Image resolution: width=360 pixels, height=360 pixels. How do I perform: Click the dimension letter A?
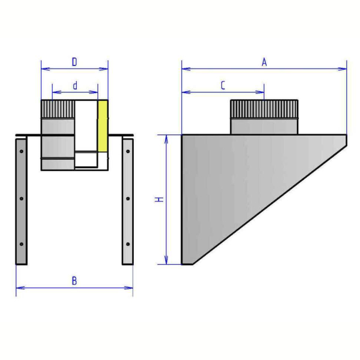264,62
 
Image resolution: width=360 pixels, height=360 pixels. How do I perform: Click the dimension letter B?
74,281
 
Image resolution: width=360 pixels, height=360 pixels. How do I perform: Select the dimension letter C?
223,85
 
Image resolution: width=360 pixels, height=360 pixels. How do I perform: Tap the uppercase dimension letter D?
74,62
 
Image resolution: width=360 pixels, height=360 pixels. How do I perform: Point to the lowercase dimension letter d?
75,86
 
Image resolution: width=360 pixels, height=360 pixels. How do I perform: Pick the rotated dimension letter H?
159,199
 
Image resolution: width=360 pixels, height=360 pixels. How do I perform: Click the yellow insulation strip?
103,126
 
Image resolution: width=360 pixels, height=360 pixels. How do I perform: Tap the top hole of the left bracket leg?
22,151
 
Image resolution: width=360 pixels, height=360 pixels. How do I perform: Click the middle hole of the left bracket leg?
22,199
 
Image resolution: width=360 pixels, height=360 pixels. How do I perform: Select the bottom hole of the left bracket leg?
22,244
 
